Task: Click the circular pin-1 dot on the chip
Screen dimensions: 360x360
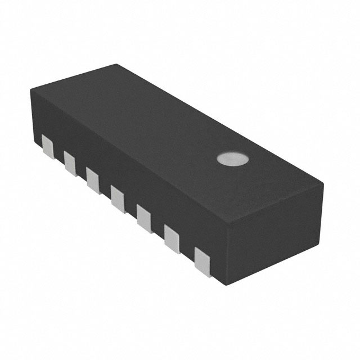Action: [x=233, y=159]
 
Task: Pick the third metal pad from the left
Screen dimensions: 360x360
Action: [x=93, y=179]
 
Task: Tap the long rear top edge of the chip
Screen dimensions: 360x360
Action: [x=219, y=121]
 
